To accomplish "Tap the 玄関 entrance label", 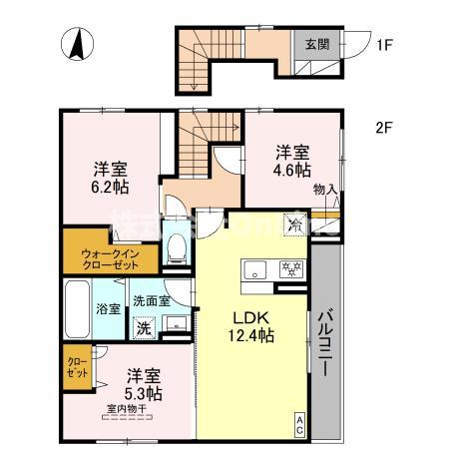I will pyautogui.click(x=318, y=44).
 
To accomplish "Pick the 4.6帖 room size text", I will pyautogui.click(x=293, y=169).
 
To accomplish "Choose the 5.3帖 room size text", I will pyautogui.click(x=144, y=393).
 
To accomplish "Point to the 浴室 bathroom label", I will pyautogui.click(x=109, y=308).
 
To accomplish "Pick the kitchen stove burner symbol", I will pyautogui.click(x=292, y=267).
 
